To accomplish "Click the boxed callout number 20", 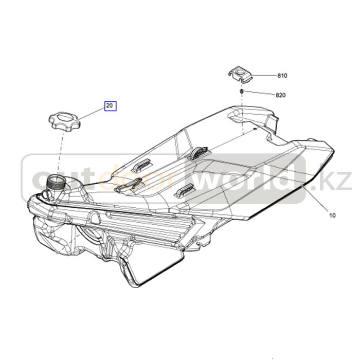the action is coord(111,106).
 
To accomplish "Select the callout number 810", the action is coord(282,76).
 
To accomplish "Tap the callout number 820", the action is coord(281,95).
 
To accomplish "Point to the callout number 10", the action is coord(332,215).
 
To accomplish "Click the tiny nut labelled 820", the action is coord(242,92).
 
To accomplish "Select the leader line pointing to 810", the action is coord(263,75).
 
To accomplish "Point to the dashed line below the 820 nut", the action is coord(242,114).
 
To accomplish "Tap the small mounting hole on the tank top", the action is coord(254,129).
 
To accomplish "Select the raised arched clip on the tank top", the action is coord(199,153).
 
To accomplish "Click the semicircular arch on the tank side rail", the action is coord(94,217).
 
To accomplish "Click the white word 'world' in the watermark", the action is coord(243,177).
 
